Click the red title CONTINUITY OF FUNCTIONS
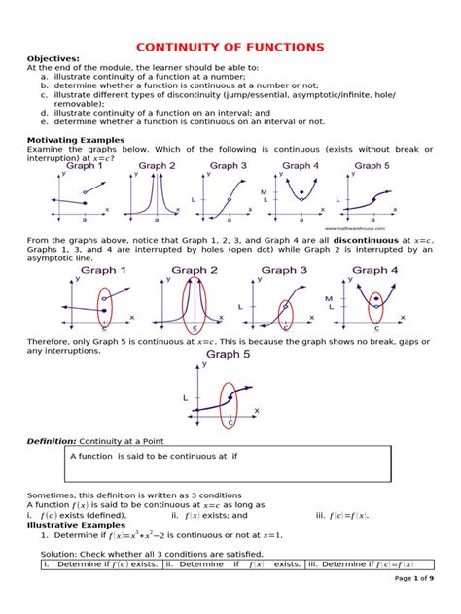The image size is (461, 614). click(230, 46)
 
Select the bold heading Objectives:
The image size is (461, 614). click(53, 58)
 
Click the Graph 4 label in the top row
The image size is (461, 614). click(301, 165)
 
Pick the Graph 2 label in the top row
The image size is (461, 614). click(157, 165)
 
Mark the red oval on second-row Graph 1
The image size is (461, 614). click(105, 310)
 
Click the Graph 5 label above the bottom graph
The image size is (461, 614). click(231, 356)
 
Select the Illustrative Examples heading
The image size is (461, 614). click(72, 524)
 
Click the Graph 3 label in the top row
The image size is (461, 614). click(229, 165)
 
